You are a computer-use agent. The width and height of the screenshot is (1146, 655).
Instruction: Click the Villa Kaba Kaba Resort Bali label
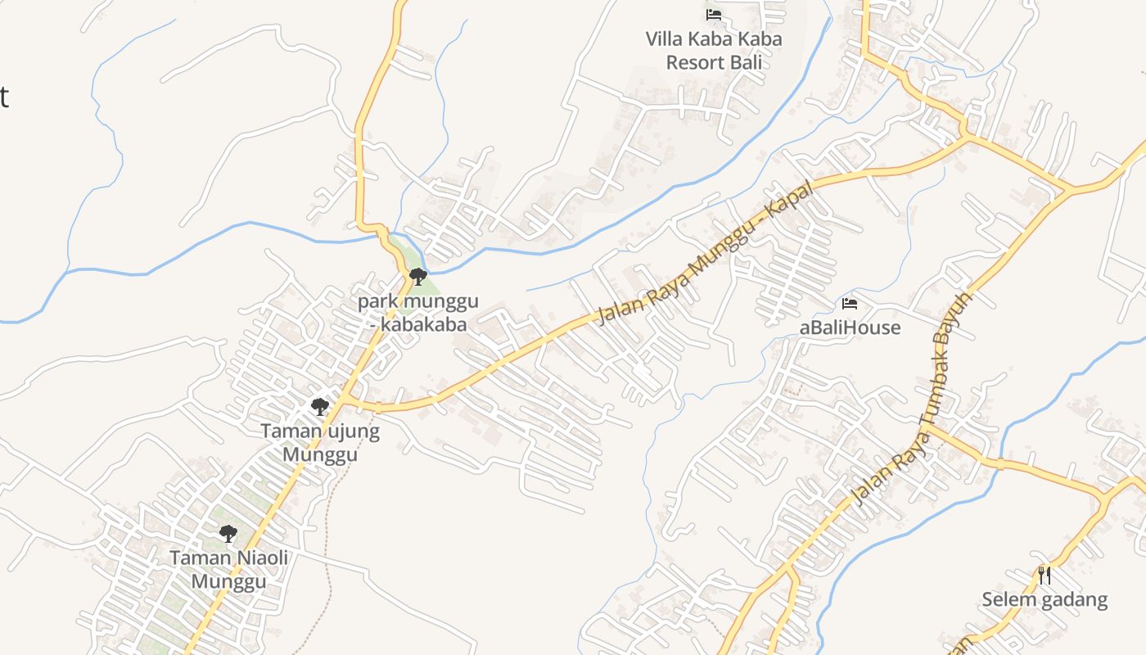pos(714,50)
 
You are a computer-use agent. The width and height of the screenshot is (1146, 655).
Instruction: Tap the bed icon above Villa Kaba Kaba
pos(714,14)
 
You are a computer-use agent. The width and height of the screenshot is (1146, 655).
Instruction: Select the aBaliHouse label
pos(850,327)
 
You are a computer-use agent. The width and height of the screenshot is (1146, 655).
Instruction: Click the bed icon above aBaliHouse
pos(850,304)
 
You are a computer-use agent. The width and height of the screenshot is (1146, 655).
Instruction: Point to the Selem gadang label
pos(1044,599)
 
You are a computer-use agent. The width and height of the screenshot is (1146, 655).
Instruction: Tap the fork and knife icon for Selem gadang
pos(1044,575)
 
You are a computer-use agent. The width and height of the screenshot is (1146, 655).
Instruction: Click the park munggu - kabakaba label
pos(418,312)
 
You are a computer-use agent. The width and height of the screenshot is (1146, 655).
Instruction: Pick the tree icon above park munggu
pos(418,276)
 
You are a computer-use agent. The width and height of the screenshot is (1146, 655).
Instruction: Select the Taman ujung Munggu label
pos(320,442)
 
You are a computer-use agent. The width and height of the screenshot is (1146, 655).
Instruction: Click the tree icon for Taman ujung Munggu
pos(320,406)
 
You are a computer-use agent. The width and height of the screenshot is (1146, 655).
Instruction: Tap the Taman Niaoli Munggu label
pos(229,569)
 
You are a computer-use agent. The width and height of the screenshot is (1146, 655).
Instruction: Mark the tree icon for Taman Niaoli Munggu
pos(228,534)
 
